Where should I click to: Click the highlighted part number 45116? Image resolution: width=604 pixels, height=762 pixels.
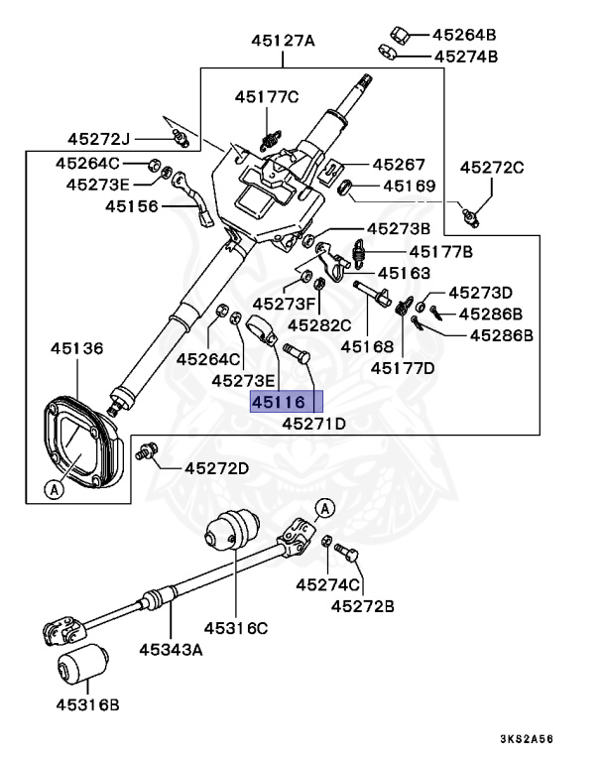(x=279, y=402)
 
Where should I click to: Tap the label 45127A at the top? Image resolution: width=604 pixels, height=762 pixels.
(x=283, y=41)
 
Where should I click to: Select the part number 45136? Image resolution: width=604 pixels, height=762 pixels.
(x=77, y=348)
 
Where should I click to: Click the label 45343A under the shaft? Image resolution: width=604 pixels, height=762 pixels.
(x=171, y=649)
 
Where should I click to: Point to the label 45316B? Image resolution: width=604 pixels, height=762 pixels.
(x=88, y=704)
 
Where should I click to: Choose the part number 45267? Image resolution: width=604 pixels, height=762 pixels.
(x=399, y=165)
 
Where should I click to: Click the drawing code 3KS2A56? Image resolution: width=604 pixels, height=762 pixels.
(x=527, y=739)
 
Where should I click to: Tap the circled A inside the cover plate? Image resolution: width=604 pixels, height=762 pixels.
(x=54, y=488)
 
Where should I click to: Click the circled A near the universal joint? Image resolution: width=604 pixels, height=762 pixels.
(x=325, y=508)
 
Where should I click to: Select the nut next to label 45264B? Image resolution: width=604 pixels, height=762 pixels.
(x=400, y=35)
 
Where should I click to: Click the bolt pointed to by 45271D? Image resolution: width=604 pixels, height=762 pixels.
(x=296, y=352)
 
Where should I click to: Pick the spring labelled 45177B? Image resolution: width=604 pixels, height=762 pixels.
(x=359, y=254)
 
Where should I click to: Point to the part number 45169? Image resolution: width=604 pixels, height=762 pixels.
(x=410, y=186)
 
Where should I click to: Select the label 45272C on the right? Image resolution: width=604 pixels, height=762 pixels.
(x=492, y=167)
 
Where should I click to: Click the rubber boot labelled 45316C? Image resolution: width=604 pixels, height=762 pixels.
(x=232, y=530)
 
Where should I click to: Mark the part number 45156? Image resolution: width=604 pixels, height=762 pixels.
(x=132, y=206)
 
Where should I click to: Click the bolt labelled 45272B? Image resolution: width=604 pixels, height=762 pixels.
(x=347, y=553)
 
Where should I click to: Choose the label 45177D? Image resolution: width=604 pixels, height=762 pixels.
(x=403, y=368)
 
